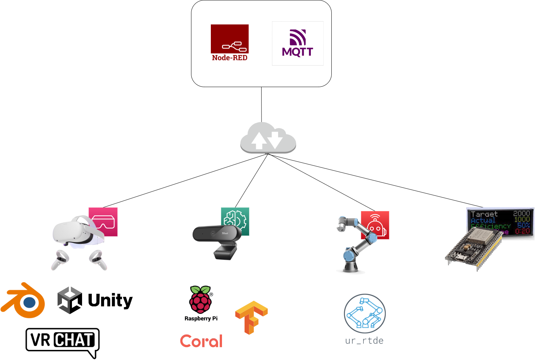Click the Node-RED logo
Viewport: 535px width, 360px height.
(230, 42)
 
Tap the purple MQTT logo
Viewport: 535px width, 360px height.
(298, 43)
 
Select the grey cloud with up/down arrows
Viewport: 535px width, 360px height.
(268, 138)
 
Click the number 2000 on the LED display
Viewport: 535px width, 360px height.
(521, 213)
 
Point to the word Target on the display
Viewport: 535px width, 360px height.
(484, 214)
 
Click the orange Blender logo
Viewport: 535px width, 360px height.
(24, 301)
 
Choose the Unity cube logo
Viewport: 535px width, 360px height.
(70, 300)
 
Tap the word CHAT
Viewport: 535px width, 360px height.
(74, 340)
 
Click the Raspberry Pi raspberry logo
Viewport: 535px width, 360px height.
(201, 300)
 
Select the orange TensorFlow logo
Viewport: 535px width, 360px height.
(251, 317)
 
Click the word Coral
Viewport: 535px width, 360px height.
(201, 341)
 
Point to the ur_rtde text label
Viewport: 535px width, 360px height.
(364, 341)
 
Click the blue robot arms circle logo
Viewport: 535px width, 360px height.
(365, 314)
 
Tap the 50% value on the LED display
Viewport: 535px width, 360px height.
(523, 225)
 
